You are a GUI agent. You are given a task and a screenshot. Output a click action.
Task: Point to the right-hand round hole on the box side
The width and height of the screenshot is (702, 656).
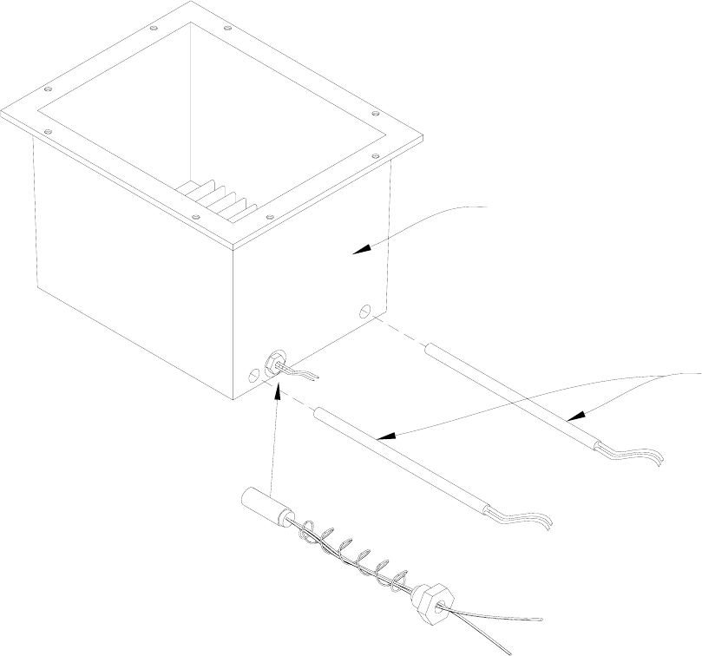[365, 310]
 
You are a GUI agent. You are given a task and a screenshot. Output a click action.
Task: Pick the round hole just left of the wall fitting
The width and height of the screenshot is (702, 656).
[253, 376]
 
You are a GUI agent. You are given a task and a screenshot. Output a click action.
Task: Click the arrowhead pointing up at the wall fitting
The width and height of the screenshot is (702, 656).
[277, 395]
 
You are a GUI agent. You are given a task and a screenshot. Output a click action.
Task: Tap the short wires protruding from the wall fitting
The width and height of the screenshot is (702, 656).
[304, 374]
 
